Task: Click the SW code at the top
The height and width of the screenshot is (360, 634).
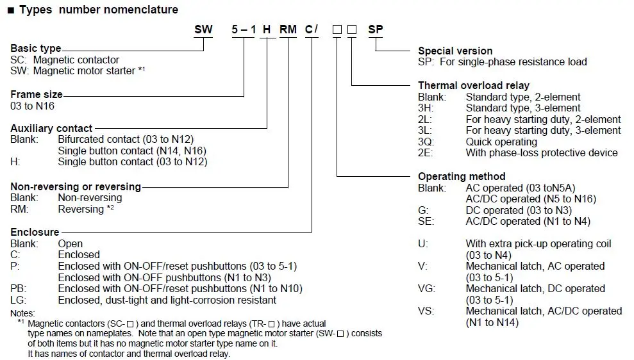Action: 203,29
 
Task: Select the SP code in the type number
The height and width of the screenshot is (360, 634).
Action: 376,29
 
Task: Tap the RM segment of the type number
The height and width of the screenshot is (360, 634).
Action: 288,29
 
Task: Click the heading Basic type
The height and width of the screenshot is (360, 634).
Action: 36,49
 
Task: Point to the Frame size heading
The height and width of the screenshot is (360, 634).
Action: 37,94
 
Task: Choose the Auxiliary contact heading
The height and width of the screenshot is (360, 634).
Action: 51,128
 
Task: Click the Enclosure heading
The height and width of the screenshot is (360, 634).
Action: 35,232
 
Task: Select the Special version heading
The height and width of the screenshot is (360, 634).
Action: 455,51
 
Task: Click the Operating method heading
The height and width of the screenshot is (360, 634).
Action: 462,176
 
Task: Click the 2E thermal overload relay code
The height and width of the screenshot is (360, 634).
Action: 426,152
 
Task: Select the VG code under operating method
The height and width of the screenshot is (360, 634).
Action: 426,289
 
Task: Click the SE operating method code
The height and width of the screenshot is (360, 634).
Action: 426,222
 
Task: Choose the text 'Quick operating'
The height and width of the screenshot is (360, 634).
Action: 501,142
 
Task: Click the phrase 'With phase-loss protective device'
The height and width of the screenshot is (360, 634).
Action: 542,152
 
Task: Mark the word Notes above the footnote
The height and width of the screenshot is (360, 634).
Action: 23,313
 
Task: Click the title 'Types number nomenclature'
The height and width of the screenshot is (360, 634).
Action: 99,10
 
